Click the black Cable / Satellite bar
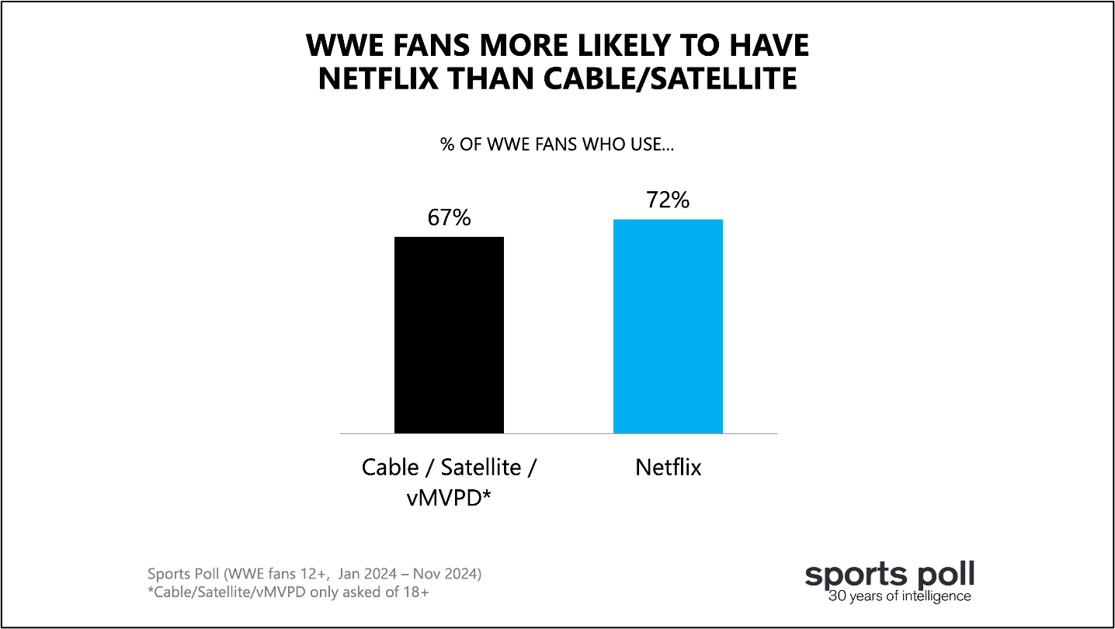click(449, 335)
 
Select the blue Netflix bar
click(668, 326)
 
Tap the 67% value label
click(449, 217)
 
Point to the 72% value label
click(668, 200)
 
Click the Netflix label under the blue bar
click(668, 467)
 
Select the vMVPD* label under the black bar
click(449, 498)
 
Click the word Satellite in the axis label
click(481, 467)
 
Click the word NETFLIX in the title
click(378, 78)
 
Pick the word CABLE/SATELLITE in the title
click(670, 78)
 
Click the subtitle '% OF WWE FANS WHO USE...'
click(557, 144)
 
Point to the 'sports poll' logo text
click(889, 575)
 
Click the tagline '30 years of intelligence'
click(899, 596)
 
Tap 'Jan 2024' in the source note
click(367, 574)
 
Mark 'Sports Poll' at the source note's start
click(183, 575)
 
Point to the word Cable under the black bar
click(391, 467)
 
